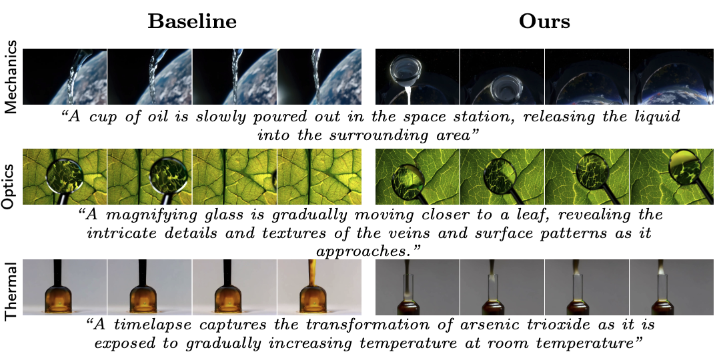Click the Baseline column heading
[x=192, y=21]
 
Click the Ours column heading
[x=544, y=21]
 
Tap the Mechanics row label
[x=11, y=77]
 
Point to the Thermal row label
[x=11, y=287]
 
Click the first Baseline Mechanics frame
[x=65, y=77]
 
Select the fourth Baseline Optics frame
[x=319, y=177]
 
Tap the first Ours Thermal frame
[x=418, y=287]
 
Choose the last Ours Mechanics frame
[x=672, y=77]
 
